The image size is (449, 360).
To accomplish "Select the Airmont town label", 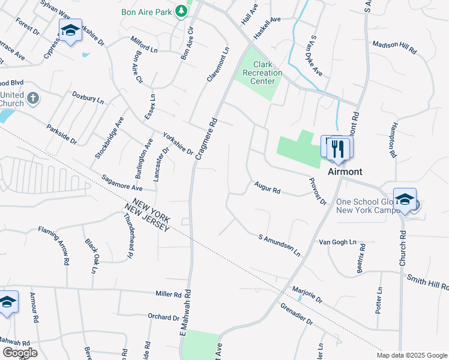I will point(345,172).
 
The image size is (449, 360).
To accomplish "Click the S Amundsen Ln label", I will point(279,245).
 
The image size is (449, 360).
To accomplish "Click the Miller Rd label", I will point(169,294).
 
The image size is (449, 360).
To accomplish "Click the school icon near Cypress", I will point(70,31).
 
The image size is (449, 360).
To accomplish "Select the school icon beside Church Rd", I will point(405,200).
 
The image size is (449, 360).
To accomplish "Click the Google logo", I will point(20,352).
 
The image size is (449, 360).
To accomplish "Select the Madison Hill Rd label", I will point(394,48).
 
